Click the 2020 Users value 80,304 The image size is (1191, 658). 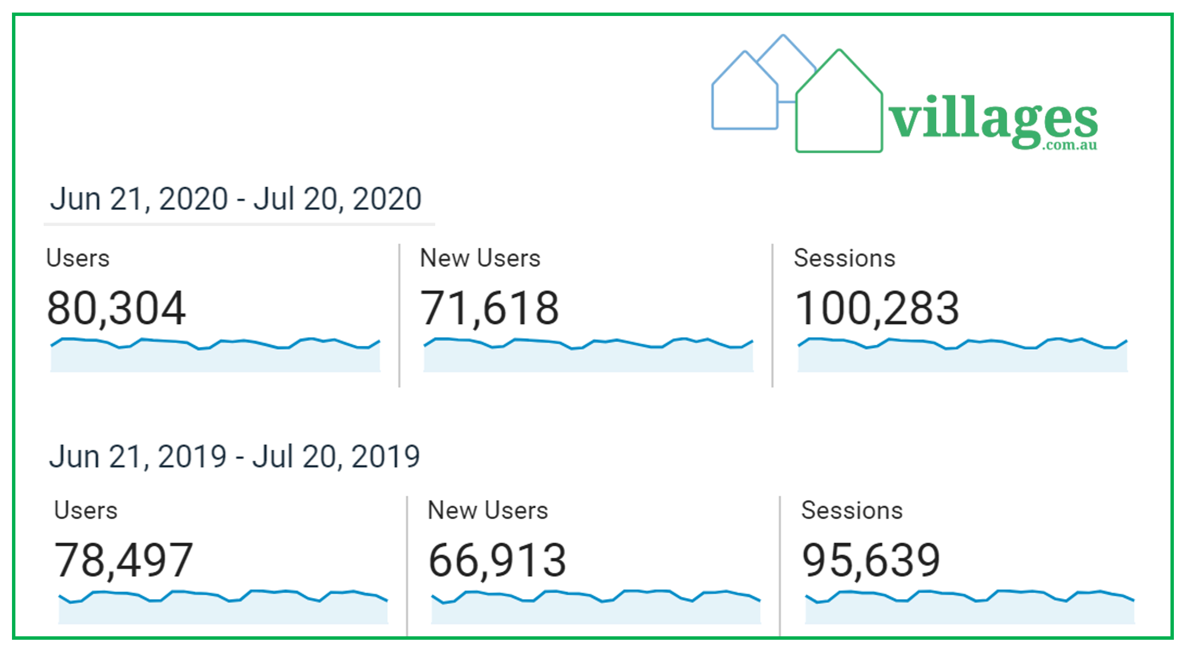(116, 309)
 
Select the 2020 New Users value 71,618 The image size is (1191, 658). (489, 309)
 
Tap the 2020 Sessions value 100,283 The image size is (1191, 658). (877, 309)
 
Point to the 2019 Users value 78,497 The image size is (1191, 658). (123, 560)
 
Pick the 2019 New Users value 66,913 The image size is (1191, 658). (497, 560)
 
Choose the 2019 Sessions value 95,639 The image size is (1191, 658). (870, 560)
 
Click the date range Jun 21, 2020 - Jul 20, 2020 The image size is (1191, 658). (236, 199)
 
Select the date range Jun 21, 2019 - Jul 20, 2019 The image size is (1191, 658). (234, 457)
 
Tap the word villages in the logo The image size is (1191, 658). (993, 120)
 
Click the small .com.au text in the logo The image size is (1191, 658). (1071, 146)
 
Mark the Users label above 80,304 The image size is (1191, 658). (78, 259)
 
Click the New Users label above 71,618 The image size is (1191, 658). (480, 259)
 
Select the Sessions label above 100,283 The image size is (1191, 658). (844, 259)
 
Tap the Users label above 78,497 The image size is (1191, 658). (86, 511)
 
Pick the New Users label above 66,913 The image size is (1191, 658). (488, 511)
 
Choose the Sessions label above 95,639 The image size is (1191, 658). (852, 511)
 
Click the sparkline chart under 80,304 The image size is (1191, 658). (215, 356)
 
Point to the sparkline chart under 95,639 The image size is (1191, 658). (969, 607)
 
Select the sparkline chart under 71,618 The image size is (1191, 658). (588, 356)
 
